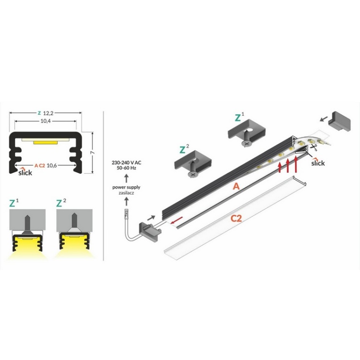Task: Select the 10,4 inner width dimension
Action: click(45, 122)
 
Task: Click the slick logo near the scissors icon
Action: click(318, 163)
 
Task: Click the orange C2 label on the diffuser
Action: click(236, 219)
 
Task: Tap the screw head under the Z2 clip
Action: click(193, 174)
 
